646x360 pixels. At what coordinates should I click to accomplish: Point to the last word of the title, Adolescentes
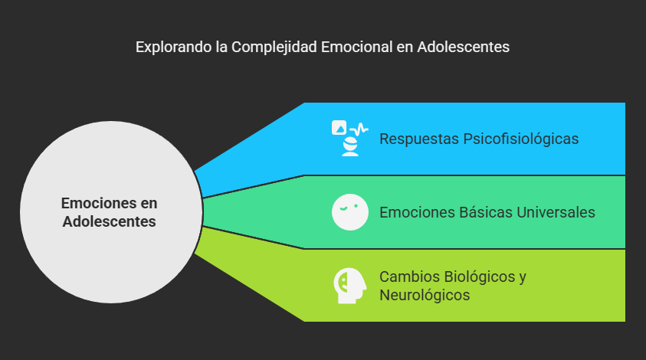(x=464, y=47)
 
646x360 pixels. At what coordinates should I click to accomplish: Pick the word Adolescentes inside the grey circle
(x=110, y=222)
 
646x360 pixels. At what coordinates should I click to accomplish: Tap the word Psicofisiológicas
(x=520, y=139)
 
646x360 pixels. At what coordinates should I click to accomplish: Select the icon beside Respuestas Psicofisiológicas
(x=349, y=138)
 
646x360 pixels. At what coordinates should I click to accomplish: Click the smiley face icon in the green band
(x=349, y=212)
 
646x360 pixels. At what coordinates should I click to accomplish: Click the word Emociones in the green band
(x=414, y=212)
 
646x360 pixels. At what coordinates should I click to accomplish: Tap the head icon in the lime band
(x=349, y=286)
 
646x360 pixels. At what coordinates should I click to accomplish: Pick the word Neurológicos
(x=425, y=295)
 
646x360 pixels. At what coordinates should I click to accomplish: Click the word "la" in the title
(x=221, y=47)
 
